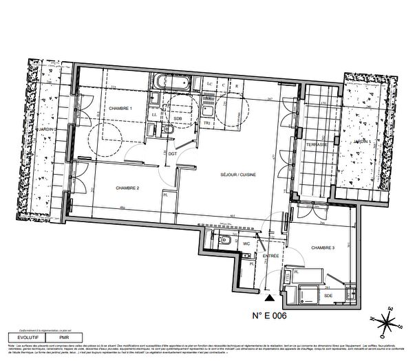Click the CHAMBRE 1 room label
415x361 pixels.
coord(120,109)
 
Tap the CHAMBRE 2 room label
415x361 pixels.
coord(128,188)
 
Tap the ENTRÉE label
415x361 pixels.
coord(270,256)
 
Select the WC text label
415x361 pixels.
coord(245,243)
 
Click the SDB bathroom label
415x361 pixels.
coord(178,118)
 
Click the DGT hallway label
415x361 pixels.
coord(172,154)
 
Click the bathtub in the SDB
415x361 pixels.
coord(171,82)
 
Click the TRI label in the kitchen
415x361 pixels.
coord(206,122)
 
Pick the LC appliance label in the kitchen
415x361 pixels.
coord(210,86)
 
